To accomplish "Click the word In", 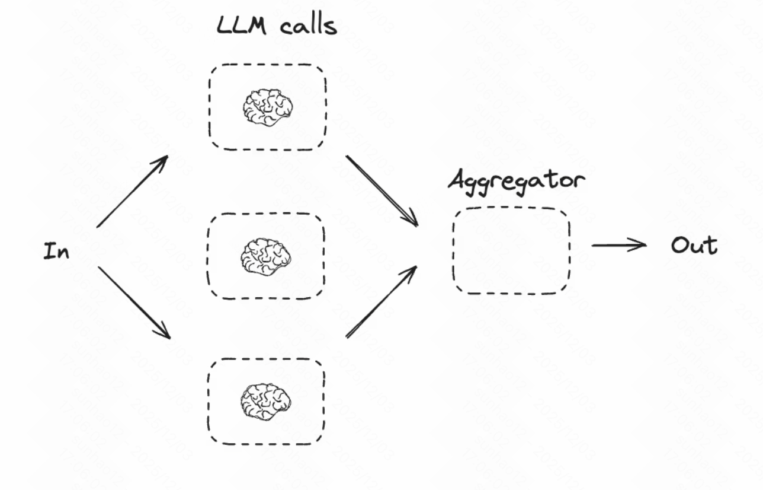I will click(x=56, y=252).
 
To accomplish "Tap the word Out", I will click(x=694, y=246).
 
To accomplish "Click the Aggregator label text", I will click(x=515, y=180).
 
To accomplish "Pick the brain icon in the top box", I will click(x=267, y=107).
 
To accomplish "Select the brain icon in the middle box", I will click(x=266, y=256).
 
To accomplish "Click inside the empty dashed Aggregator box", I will click(x=511, y=250).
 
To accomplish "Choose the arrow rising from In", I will click(x=132, y=191).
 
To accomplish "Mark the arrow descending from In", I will click(x=133, y=303).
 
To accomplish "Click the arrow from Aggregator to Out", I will click(x=618, y=244).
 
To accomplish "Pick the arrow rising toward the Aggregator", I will click(x=381, y=302).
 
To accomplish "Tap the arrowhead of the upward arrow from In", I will click(x=163, y=160).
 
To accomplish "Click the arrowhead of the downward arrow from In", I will click(x=165, y=333).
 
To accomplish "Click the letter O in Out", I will click(x=679, y=246).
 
